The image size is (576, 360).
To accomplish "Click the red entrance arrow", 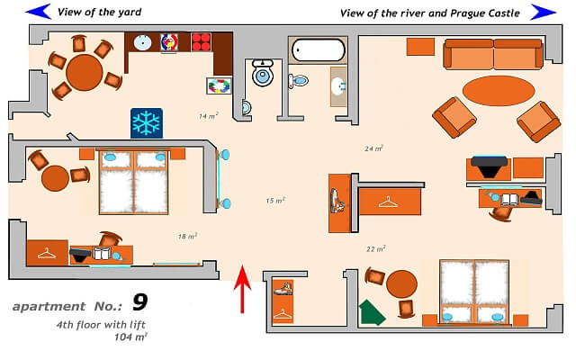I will click(243, 288).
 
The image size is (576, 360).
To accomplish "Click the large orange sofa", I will click(492, 55).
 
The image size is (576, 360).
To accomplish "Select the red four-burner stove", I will click(201, 41).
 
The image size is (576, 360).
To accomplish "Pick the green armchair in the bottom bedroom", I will click(372, 311).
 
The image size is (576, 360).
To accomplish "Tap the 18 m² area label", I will click(187, 236).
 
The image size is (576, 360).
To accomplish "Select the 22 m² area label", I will click(376, 248).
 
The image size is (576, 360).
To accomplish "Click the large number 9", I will click(139, 301).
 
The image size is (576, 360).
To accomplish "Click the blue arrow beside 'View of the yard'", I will click(38, 12).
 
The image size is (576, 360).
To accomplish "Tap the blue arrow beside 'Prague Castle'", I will click(544, 12).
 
